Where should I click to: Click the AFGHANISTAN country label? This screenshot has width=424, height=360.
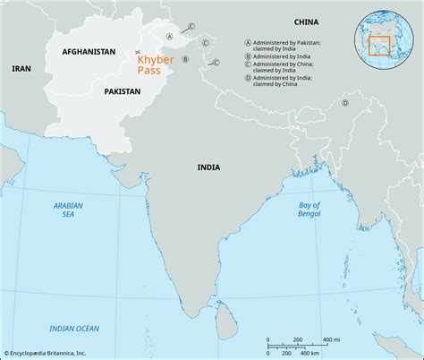[x=89, y=53]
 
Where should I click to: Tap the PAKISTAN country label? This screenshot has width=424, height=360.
[x=122, y=91]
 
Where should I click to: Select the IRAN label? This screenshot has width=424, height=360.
[x=20, y=68]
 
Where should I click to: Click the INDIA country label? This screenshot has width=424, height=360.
[x=210, y=167]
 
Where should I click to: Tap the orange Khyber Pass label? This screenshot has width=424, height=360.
[x=155, y=64]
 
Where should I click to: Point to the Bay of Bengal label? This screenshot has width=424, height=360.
[x=310, y=211]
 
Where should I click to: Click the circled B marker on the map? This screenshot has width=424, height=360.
[x=184, y=59]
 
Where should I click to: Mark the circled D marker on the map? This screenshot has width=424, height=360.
[x=344, y=103]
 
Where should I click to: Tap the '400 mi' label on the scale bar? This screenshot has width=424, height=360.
[x=330, y=340]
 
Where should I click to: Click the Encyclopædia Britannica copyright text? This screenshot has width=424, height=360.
[x=55, y=353]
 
